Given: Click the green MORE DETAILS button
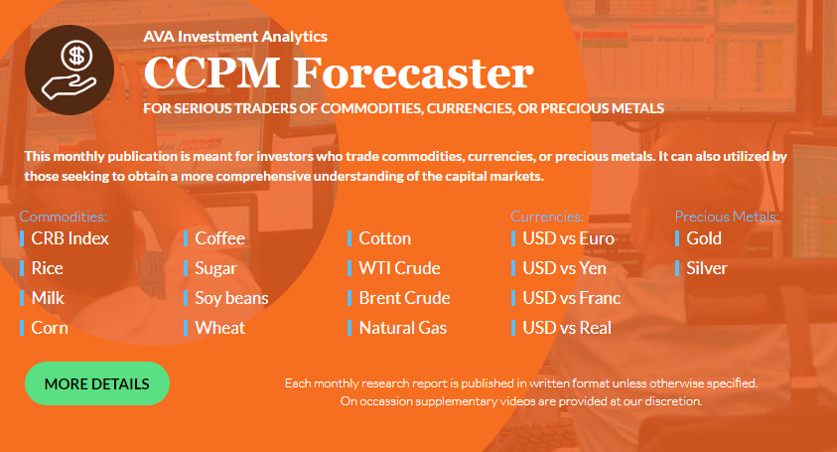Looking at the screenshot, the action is coord(97,383).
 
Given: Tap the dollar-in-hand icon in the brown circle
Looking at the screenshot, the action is coord(70,70).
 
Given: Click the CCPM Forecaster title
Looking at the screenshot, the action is coord(339,73).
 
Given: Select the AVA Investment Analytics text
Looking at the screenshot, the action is coord(235,37).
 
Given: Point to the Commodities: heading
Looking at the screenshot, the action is coord(64,217).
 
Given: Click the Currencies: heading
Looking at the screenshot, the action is coord(547,217).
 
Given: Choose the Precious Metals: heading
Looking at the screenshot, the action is coord(727,217).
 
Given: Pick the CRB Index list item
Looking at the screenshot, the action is coord(70,238).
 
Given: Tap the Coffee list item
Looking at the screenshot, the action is coord(220,238).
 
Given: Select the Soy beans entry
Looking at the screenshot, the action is coord(231,298).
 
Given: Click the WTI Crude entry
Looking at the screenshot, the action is coord(399,268).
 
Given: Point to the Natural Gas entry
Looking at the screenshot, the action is coord(403,328).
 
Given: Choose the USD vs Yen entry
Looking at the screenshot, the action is coord(564,268).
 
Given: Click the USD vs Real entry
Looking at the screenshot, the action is coord(567,328).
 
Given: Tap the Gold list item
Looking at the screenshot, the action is coord(704,238).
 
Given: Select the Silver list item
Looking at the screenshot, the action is coord(707,268).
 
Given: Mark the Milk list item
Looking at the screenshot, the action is coord(48,298).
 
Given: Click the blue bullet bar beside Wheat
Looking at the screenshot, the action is coord(186,328).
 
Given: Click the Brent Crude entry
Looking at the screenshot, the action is coord(405,298).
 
